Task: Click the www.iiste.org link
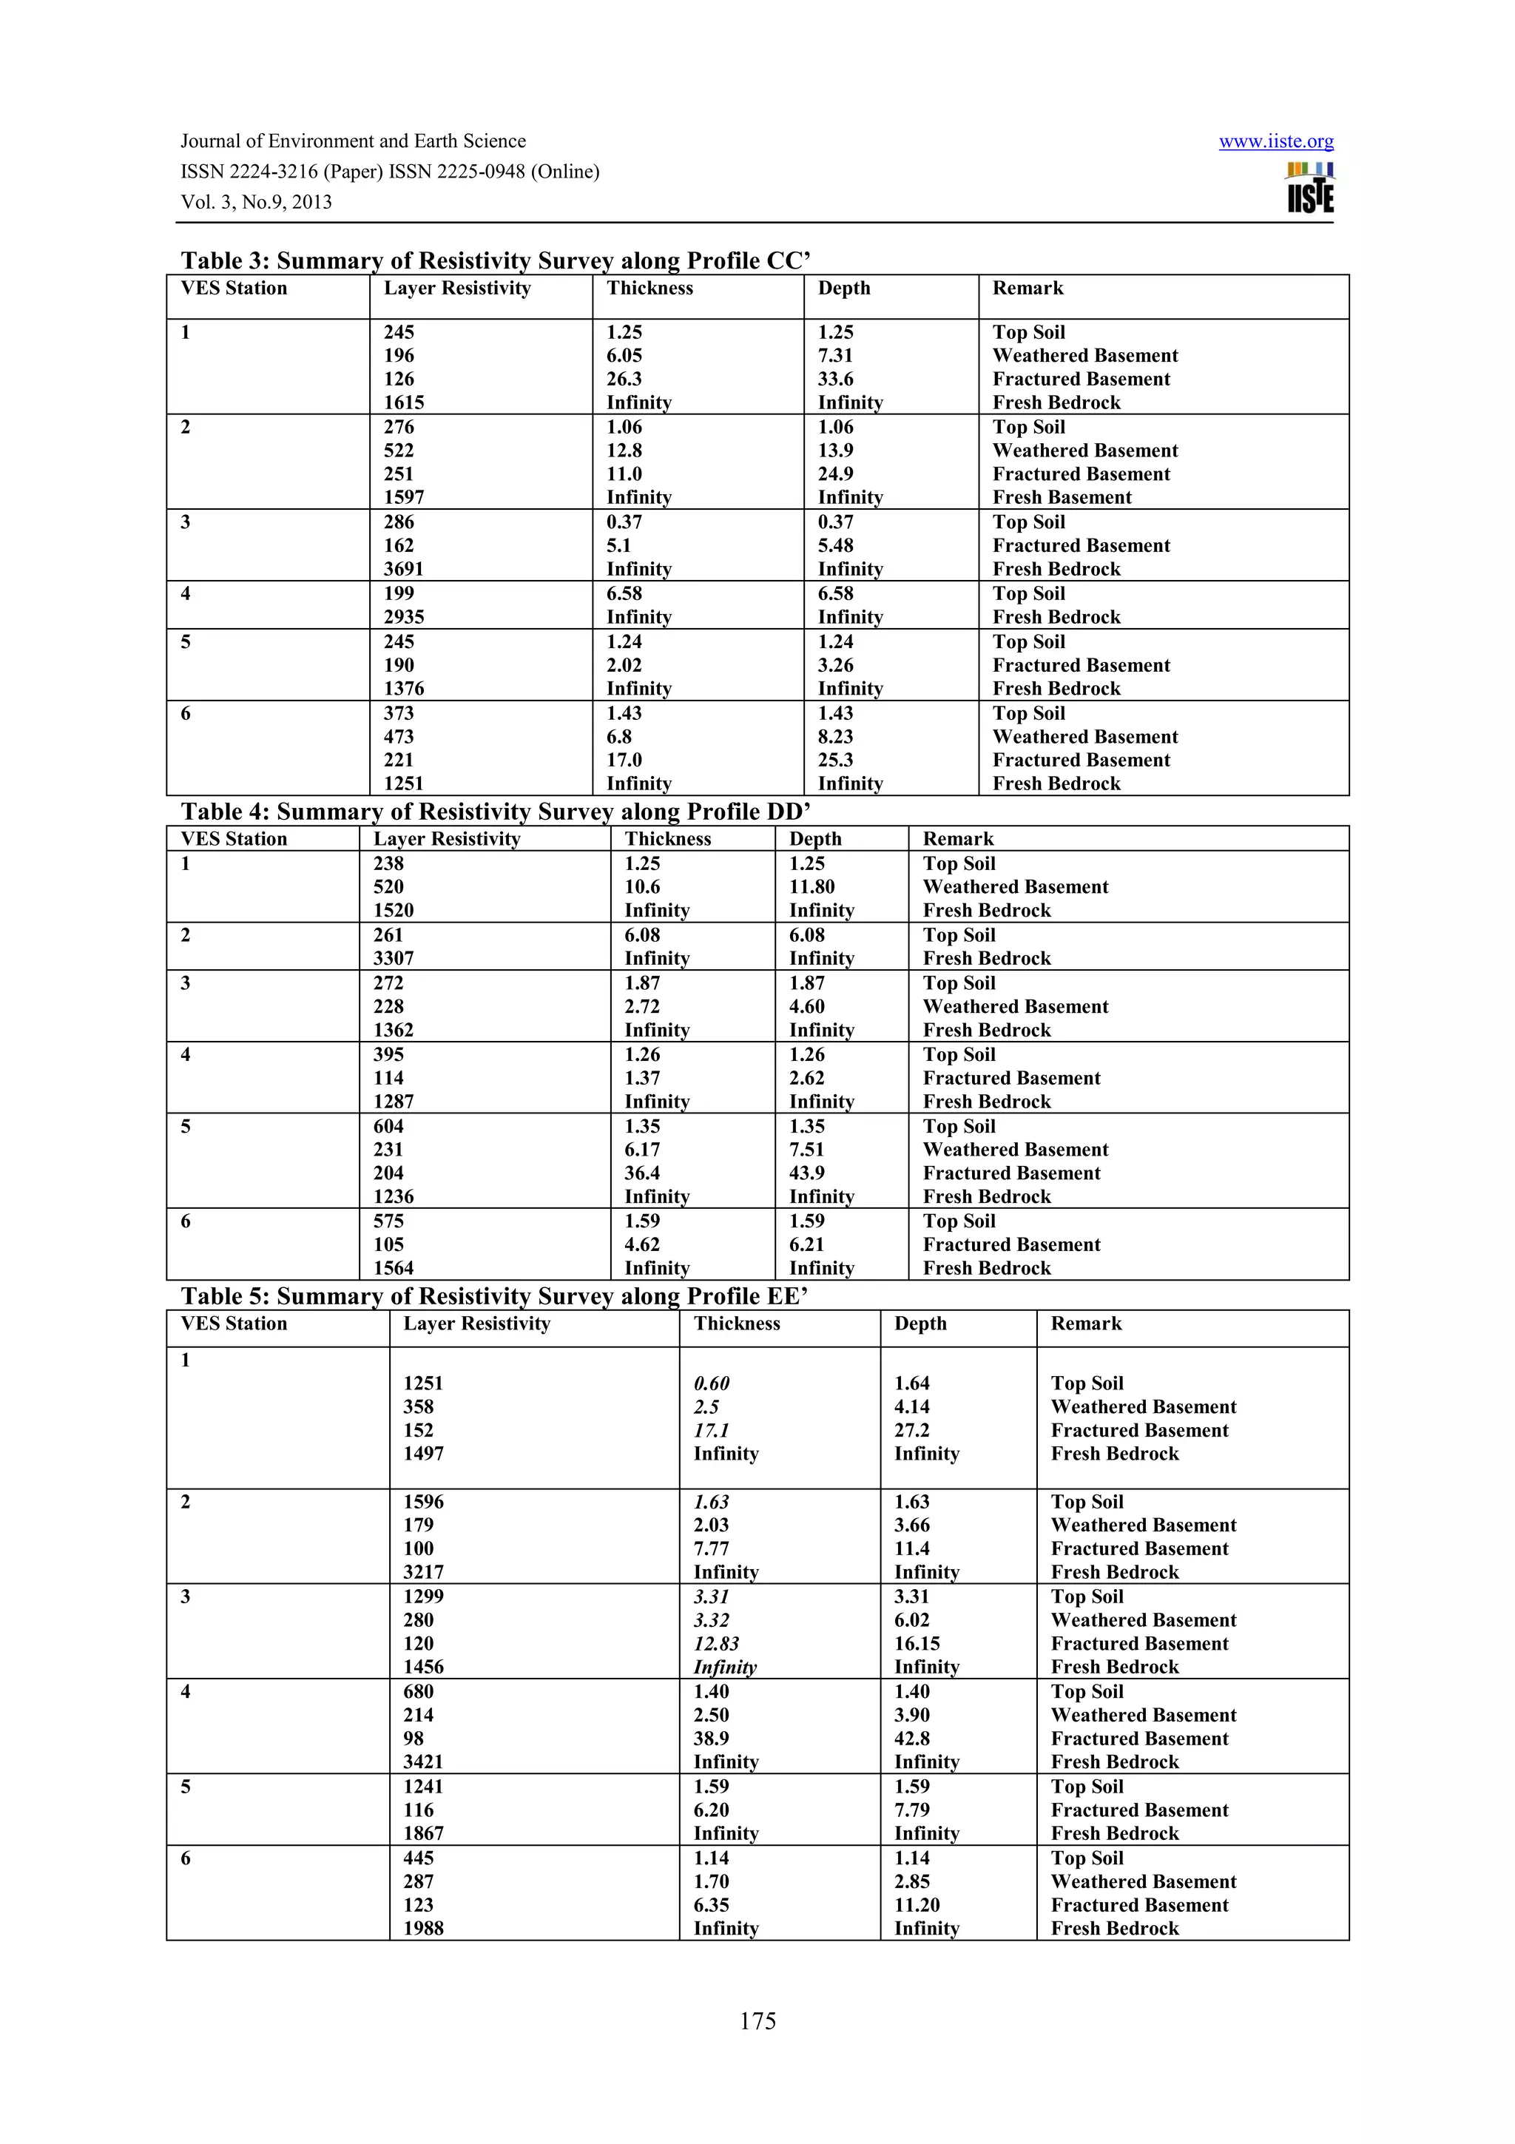(x=1275, y=142)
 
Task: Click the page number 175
(x=757, y=2020)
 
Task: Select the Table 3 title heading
(x=495, y=260)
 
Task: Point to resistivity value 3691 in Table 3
(x=403, y=570)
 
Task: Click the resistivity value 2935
(x=403, y=617)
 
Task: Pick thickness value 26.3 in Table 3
(x=624, y=379)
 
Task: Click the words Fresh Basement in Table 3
(x=1062, y=498)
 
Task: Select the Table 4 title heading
(x=495, y=812)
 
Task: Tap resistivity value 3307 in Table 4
(x=393, y=959)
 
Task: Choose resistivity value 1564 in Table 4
(x=393, y=1268)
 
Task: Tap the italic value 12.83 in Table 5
(x=716, y=1643)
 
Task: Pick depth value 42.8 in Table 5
(x=911, y=1739)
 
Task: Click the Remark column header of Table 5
(x=1086, y=1324)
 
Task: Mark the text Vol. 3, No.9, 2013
(x=256, y=203)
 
